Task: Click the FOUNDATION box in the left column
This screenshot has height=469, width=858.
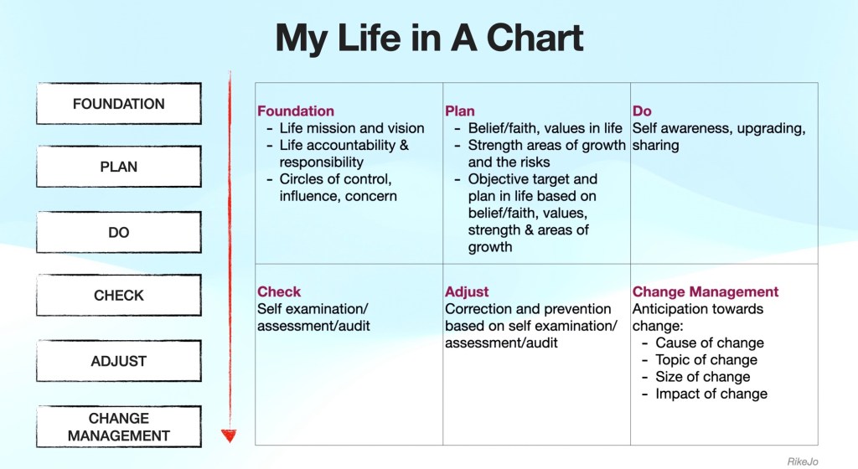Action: [119, 104]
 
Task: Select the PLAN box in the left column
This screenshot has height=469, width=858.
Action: [119, 167]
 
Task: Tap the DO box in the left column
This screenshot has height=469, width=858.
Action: [119, 232]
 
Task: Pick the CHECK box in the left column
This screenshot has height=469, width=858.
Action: [119, 295]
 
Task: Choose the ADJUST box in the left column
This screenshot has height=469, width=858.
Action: [119, 361]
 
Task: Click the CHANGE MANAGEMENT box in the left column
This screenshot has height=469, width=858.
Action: [119, 426]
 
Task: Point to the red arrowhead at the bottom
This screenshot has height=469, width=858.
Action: [229, 435]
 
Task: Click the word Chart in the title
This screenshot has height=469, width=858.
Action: [535, 38]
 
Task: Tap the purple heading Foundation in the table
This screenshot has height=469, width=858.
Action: [296, 111]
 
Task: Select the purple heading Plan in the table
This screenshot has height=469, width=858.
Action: [460, 111]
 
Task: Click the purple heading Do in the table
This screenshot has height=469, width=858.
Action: [642, 111]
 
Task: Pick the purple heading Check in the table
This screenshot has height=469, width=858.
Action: [279, 292]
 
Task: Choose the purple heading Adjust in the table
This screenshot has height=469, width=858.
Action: [467, 292]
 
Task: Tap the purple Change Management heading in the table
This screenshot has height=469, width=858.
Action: [706, 292]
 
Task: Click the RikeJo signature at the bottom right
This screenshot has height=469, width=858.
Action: [803, 462]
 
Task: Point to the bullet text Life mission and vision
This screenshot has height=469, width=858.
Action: [352, 128]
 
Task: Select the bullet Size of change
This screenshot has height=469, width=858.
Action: [703, 377]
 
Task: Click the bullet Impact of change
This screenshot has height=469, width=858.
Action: [711, 394]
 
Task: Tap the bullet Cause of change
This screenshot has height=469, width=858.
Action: [710, 343]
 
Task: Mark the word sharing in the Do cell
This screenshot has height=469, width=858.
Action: [655, 146]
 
